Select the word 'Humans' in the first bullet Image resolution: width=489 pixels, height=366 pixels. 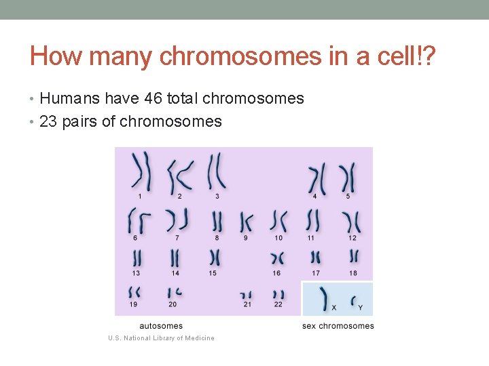(x=68, y=99)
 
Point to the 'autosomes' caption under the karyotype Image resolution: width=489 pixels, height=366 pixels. (x=161, y=326)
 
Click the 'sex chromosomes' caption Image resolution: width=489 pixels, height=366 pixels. (x=338, y=326)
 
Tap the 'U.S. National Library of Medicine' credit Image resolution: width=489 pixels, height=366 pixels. (x=162, y=338)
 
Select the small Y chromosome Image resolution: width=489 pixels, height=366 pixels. (x=354, y=300)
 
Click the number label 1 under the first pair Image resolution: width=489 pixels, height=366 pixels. (x=140, y=197)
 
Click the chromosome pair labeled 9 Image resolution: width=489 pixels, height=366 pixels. (x=245, y=222)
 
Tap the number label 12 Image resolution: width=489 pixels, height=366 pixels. (x=352, y=238)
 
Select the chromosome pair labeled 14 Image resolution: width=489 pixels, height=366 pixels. (x=175, y=258)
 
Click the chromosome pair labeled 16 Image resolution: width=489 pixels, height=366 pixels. (x=276, y=258)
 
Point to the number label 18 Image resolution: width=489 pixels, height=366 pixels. (x=352, y=273)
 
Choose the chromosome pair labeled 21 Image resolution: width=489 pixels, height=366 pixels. (x=246, y=295)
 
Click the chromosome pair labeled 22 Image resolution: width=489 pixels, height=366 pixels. (x=278, y=295)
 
